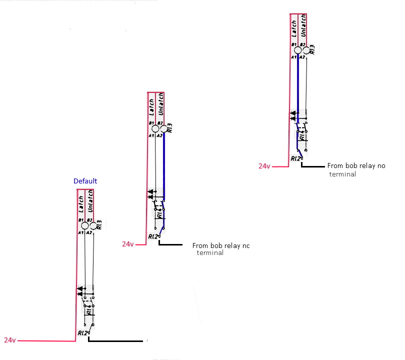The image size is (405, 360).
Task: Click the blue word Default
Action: pyautogui.click(x=85, y=181)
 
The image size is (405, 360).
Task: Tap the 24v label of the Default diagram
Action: pyautogui.click(x=9, y=340)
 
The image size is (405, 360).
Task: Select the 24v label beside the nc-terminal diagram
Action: pyautogui.click(x=128, y=244)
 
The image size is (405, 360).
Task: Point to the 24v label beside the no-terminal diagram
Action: pyautogui.click(x=264, y=166)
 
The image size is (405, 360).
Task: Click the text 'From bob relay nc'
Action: pyautogui.click(x=220, y=245)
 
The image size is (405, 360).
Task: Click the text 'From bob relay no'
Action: pyautogui.click(x=356, y=165)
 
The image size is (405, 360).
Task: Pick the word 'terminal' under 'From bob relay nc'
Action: pyautogui.click(x=210, y=253)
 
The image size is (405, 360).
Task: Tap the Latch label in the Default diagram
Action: pyautogui.click(x=81, y=205)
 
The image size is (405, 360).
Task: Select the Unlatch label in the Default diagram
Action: pyautogui.click(x=90, y=202)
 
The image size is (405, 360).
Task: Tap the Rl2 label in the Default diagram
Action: pyautogui.click(x=82, y=333)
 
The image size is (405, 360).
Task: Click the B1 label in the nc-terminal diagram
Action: pyautogui.click(x=151, y=122)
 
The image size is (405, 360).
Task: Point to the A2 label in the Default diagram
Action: pyautogui.click(x=88, y=232)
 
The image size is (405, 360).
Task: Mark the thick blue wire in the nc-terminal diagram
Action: pyautogui.click(x=163, y=165)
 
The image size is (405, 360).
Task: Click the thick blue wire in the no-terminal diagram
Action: pyautogui.click(x=298, y=85)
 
